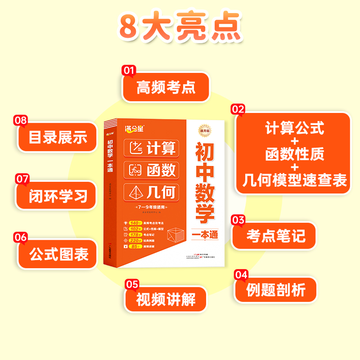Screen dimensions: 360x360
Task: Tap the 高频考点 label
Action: [x=166, y=87]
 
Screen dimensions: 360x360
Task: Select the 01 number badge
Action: [x=129, y=71]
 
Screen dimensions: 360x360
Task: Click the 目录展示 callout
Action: [x=58, y=137]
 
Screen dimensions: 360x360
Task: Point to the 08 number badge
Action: [x=21, y=121]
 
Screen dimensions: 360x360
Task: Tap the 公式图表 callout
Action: [x=58, y=255]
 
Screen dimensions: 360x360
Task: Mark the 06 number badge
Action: [x=21, y=238]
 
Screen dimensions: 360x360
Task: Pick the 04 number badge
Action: [x=241, y=274]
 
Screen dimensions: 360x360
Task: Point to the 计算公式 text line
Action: [x=294, y=129]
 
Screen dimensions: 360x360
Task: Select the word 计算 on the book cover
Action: [x=161, y=148]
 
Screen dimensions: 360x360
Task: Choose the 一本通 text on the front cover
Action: [x=204, y=235]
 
